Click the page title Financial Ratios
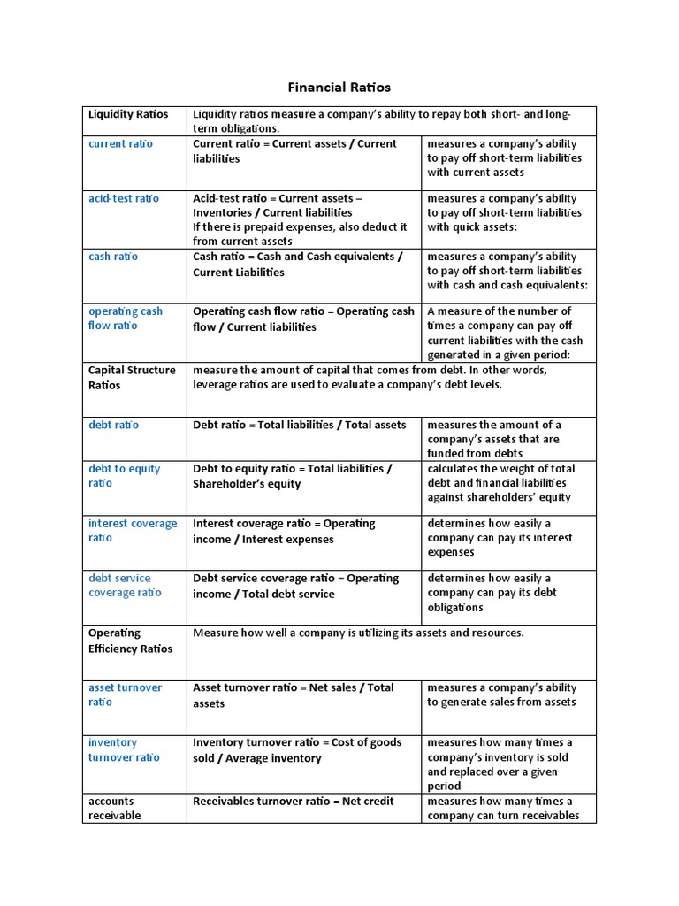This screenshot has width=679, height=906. coord(339,88)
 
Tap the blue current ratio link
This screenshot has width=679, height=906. coord(120,143)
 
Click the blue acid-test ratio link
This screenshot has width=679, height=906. coord(124,198)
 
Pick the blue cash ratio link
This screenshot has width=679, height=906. coord(113,257)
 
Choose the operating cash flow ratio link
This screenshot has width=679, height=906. coord(126,319)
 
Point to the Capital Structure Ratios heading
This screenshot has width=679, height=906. coord(132,378)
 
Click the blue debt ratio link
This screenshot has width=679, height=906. coord(113,425)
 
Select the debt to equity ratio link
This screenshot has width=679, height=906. coord(124,476)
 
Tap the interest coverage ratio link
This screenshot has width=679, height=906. coord(133,531)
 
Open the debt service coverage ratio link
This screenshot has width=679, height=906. coord(125,586)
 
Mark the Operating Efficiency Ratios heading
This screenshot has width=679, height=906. coord(130,641)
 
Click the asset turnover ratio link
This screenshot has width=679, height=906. coord(125,695)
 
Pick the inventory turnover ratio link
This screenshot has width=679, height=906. coord(124,750)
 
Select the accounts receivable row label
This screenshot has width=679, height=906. coord(114,808)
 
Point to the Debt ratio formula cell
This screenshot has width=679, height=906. coord(300,425)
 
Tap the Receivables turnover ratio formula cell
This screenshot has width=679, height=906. coord(294,802)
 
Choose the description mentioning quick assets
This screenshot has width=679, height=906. coord(504,212)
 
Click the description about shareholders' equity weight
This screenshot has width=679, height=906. coord(501,483)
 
